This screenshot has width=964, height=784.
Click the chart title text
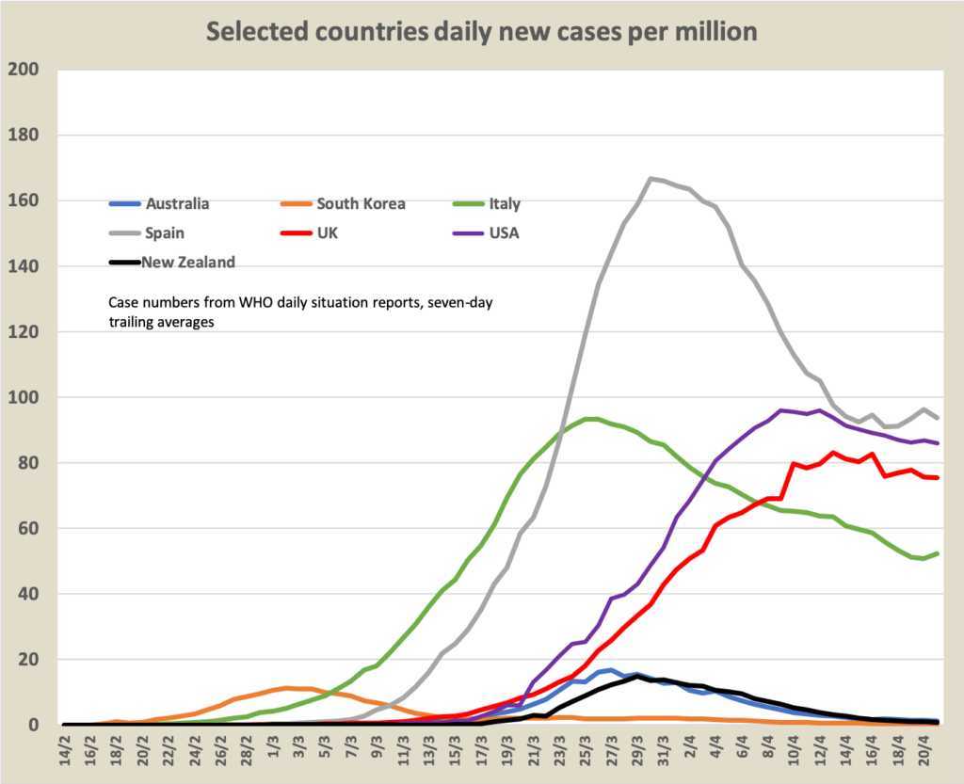(x=481, y=31)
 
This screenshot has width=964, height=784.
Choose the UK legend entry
(x=329, y=232)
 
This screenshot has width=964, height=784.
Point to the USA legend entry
(x=503, y=232)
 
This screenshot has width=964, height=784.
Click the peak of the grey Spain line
(x=651, y=178)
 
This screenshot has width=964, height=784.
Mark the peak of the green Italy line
(x=590, y=419)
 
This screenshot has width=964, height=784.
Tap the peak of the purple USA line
(x=780, y=409)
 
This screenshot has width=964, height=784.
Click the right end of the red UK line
(x=939, y=478)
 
